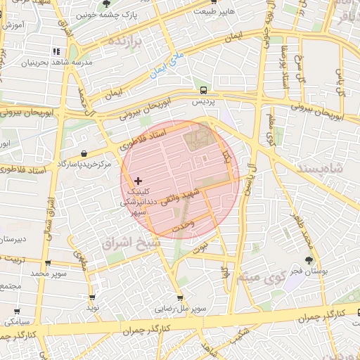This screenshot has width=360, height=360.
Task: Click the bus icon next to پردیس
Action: (x=202, y=90)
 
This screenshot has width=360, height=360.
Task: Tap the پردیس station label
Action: (x=202, y=102)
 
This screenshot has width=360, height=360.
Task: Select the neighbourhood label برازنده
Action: (x=130, y=43)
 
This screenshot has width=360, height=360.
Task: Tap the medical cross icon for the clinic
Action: (x=138, y=181)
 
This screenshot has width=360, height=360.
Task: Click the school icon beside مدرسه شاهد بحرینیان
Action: (x=56, y=51)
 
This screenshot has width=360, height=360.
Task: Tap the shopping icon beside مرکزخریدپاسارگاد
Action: (x=84, y=153)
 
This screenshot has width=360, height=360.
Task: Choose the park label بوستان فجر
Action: (x=308, y=270)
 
